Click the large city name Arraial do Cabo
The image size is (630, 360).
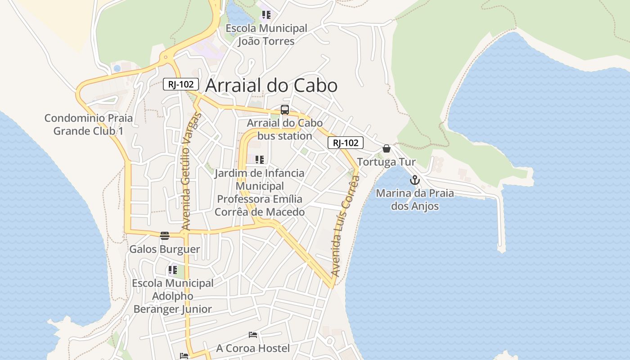tap(271, 85)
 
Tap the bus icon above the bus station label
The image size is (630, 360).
tap(285, 110)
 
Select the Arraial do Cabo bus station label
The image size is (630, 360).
tap(285, 130)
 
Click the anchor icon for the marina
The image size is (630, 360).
tap(414, 180)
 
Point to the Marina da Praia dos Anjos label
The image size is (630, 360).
tap(414, 200)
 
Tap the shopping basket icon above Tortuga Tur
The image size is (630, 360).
tap(387, 148)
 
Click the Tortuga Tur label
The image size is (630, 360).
tap(387, 162)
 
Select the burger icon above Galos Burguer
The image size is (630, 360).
tap(165, 235)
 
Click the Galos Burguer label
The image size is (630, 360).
tap(165, 249)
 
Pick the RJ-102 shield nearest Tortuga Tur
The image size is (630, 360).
tap(345, 143)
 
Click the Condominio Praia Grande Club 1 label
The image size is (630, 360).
tap(89, 125)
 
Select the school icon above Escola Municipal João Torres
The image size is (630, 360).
tap(266, 15)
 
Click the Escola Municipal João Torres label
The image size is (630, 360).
tap(266, 35)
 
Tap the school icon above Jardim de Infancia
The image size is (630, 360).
tap(259, 160)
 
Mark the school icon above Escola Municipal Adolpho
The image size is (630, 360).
tap(173, 270)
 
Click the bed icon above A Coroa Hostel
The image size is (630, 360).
tap(253, 335)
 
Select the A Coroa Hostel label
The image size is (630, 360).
tap(253, 348)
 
